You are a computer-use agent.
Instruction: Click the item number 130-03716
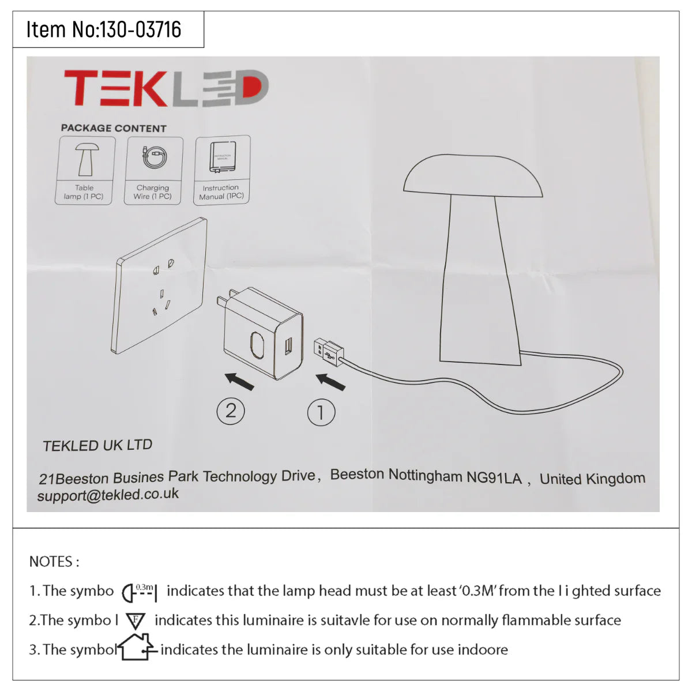141,29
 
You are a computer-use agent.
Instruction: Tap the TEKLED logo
166,89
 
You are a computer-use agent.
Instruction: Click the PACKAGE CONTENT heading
114,128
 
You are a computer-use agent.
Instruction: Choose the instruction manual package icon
223,157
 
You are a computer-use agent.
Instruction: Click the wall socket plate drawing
160,285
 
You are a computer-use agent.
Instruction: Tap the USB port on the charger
288,345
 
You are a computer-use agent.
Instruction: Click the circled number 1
321,412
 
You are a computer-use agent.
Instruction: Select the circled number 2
231,411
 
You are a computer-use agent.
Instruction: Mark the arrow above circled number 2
239,381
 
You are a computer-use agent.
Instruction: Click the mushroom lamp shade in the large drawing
472,176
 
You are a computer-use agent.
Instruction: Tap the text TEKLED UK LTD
97,445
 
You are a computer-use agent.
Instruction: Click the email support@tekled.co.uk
108,495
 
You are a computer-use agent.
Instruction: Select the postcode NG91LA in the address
494,477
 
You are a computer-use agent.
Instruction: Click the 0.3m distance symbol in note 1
140,592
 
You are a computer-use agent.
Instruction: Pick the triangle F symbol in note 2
136,621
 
